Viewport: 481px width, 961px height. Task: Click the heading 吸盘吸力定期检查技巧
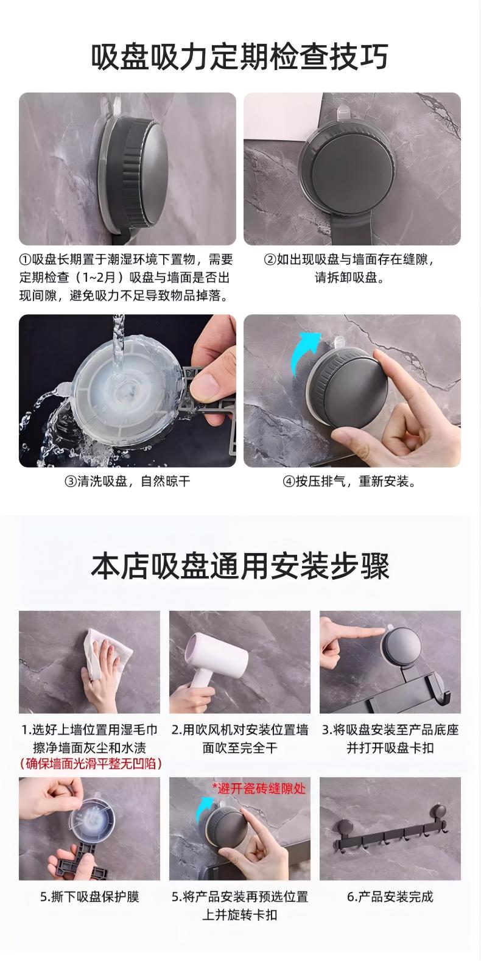(240, 56)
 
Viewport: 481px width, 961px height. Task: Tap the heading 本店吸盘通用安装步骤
(240, 566)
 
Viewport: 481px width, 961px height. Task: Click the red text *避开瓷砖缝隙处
(259, 788)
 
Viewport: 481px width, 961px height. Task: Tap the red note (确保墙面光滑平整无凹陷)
(91, 763)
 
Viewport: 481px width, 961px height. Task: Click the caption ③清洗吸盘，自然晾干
(127, 481)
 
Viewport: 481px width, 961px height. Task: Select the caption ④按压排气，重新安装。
(349, 481)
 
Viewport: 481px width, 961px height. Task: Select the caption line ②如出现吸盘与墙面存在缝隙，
(348, 259)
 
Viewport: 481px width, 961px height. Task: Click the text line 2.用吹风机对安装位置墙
(240, 730)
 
